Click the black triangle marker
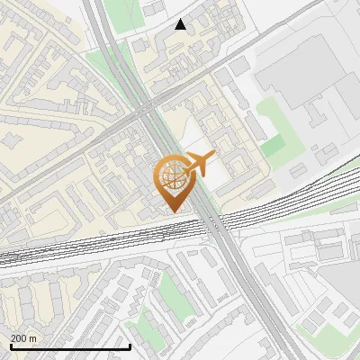pos(181,25)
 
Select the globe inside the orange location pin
pos(171,177)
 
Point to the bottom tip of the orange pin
pos(172,211)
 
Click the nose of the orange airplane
pos(213,157)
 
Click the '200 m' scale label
pos(23,338)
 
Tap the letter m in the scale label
pos(33,338)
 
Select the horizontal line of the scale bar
pos(70,346)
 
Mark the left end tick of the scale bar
pos(10,345)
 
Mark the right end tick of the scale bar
pos(130,345)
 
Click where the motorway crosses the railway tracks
pos(216,225)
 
